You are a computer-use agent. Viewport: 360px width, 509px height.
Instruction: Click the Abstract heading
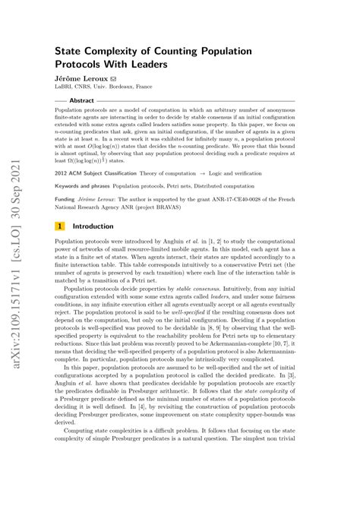(x=81, y=100)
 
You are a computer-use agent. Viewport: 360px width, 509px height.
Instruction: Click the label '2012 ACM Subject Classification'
(x=93, y=173)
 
